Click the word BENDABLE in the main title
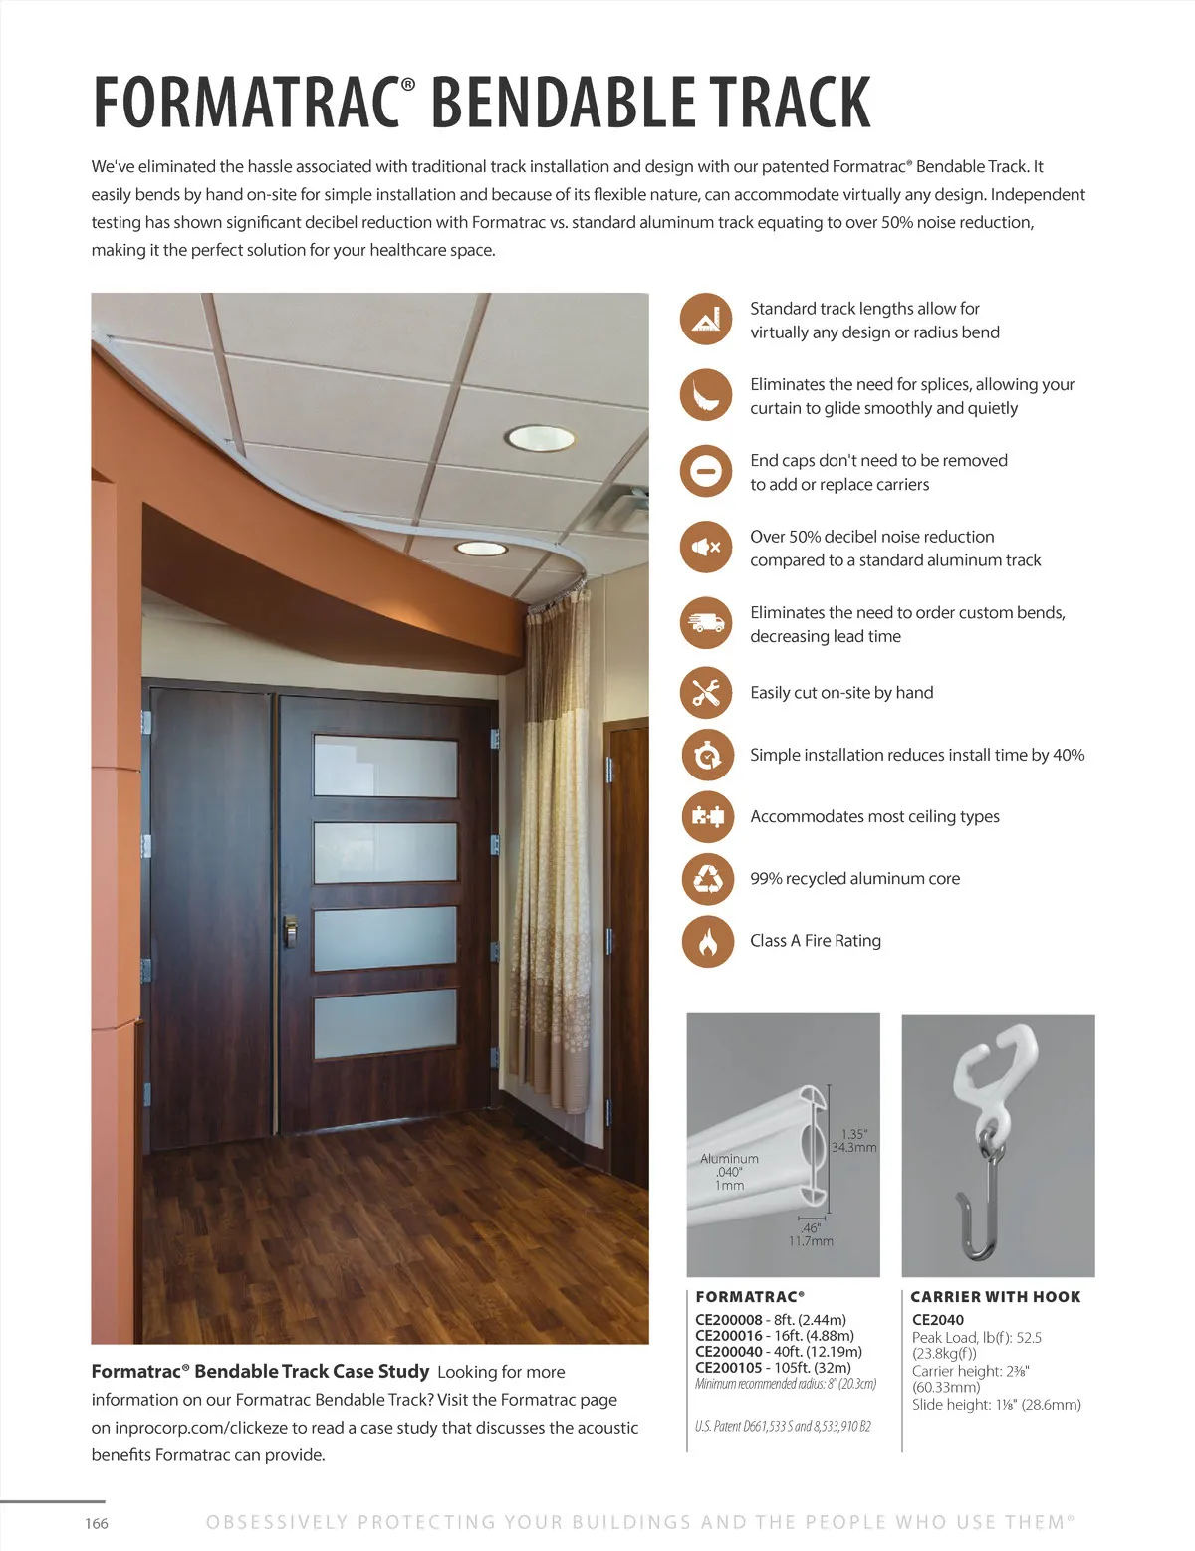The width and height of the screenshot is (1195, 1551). click(564, 102)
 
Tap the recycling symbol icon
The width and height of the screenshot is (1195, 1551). click(706, 879)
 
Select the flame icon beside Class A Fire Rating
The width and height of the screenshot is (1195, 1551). click(706, 941)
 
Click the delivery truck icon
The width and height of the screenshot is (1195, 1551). click(706, 623)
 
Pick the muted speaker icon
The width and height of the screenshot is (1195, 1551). click(706, 547)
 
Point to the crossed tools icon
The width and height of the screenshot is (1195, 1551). click(706, 693)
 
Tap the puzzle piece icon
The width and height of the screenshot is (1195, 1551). click(706, 816)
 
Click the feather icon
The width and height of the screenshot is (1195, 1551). click(706, 394)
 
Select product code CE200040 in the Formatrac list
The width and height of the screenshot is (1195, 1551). click(729, 1352)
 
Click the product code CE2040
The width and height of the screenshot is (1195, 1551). click(938, 1320)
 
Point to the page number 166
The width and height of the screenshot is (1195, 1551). click(97, 1523)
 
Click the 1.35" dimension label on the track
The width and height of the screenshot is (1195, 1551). click(854, 1134)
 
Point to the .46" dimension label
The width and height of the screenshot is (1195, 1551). click(811, 1228)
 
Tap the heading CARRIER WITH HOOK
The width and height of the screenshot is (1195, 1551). click(995, 1297)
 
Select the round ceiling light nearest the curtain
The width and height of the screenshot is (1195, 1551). click(481, 549)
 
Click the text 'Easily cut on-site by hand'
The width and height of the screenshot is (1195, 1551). click(841, 693)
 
